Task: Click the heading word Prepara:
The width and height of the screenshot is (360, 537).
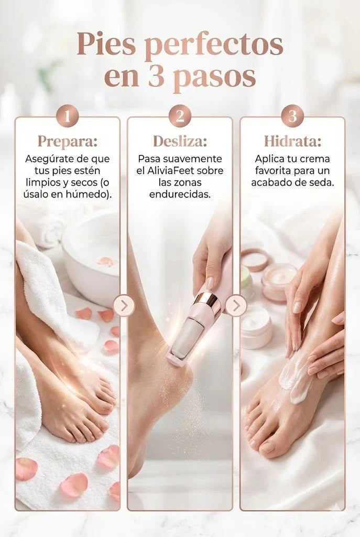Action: coord(68,141)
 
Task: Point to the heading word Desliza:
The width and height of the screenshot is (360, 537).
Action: coord(180,141)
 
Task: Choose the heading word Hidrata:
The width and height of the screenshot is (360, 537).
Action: coord(292,142)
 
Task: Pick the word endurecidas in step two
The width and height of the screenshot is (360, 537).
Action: coord(180,195)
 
